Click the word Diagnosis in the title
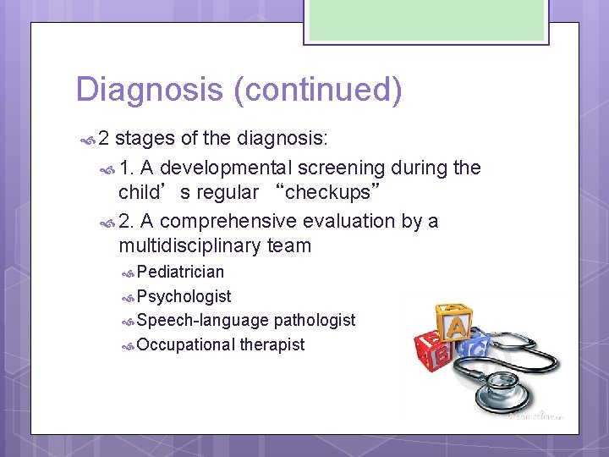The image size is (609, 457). pyautogui.click(x=150, y=90)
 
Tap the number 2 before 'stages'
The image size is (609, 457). pyautogui.click(x=104, y=138)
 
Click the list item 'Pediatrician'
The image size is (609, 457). pyautogui.click(x=180, y=272)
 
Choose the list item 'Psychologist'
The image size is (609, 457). pyautogui.click(x=184, y=296)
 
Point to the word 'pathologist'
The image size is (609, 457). pyautogui.click(x=314, y=320)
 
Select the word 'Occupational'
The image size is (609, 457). pyautogui.click(x=186, y=344)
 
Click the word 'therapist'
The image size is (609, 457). pyautogui.click(x=272, y=344)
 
